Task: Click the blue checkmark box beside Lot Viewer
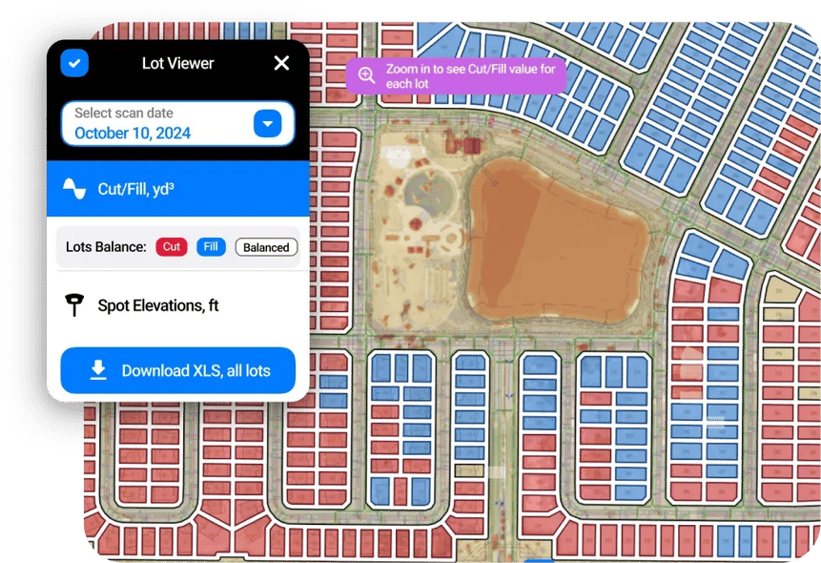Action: [74, 63]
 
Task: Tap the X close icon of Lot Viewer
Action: [281, 63]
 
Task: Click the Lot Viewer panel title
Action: [177, 63]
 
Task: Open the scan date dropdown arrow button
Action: [268, 124]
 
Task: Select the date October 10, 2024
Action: [133, 134]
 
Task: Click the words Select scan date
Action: [124, 114]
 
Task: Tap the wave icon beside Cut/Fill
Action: [74, 189]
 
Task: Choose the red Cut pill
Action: [172, 247]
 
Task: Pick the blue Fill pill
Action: [211, 247]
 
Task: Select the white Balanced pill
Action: [266, 247]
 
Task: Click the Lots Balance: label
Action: [106, 247]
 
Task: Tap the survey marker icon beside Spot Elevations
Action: [74, 305]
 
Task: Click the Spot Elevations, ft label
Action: [158, 305]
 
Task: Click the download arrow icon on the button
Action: [98, 370]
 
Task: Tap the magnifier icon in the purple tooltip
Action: [366, 76]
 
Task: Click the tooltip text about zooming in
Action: [470, 76]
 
